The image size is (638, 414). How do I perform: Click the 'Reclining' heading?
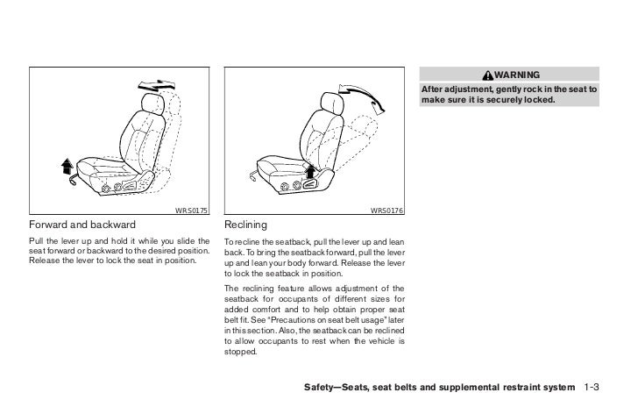click(245, 225)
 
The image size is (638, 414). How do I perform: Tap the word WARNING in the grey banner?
click(515, 74)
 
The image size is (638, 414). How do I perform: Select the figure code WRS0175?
click(190, 210)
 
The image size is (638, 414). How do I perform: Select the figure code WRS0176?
click(386, 210)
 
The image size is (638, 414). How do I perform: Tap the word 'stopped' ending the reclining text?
click(242, 352)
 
